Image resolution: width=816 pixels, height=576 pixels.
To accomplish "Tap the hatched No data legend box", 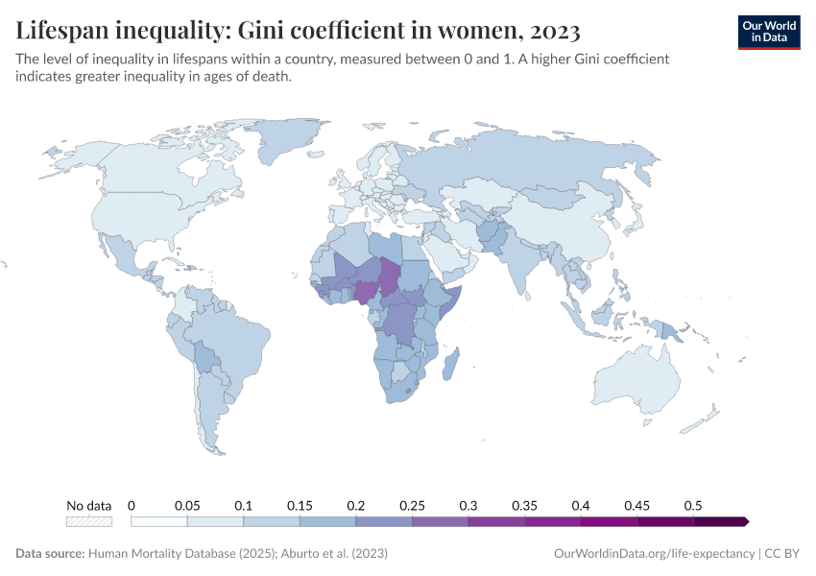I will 89,521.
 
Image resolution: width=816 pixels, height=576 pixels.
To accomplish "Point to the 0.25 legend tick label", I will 412,505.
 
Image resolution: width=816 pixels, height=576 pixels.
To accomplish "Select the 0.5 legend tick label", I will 693,505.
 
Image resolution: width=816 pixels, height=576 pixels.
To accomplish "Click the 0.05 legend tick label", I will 187,505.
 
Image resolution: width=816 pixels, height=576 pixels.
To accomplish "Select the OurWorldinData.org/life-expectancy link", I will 655,554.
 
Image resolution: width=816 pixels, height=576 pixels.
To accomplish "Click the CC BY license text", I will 782,554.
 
